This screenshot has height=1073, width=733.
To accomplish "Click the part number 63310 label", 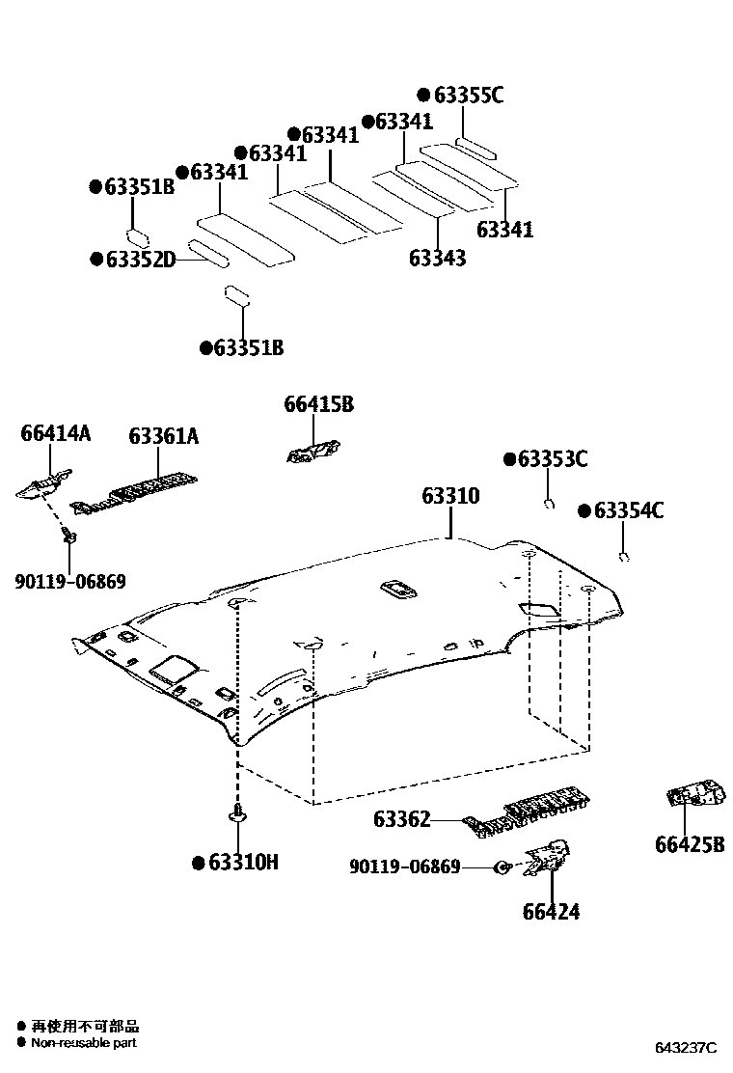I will click(449, 497).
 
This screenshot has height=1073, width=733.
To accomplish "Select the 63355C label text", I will click(469, 95).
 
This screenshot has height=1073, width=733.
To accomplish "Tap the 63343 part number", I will click(437, 258).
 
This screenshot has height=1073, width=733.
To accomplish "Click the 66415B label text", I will click(318, 405).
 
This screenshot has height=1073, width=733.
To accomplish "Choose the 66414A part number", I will click(55, 434).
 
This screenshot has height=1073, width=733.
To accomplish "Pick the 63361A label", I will click(163, 437).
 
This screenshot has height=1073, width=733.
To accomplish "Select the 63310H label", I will click(243, 863).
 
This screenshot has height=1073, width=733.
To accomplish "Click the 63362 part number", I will click(401, 820).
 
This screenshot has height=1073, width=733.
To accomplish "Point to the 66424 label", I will click(551, 911).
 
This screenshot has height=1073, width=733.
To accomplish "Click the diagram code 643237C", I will click(687, 1048).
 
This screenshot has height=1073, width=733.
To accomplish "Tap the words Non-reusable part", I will click(83, 1042).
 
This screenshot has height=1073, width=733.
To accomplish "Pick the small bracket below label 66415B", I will click(312, 451).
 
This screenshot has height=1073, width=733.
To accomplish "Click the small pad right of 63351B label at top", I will click(138, 234).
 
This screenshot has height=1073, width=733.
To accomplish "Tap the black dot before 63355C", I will click(423, 95).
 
